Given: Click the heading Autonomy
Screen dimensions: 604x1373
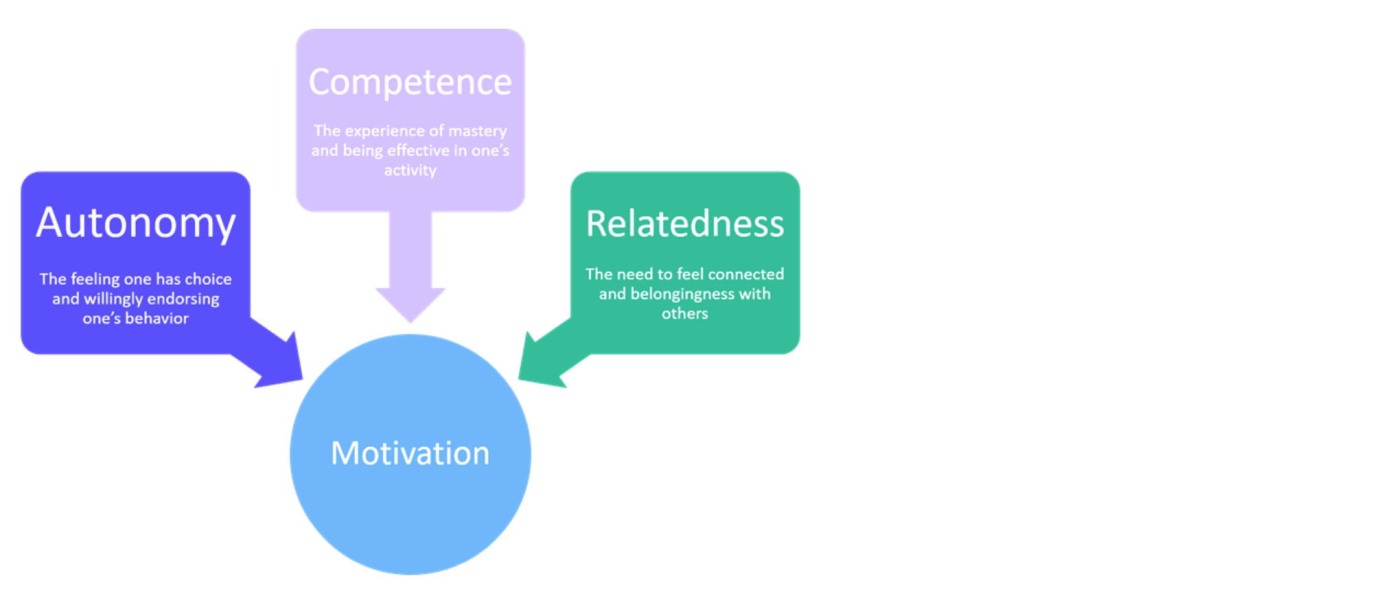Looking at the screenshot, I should [135, 223].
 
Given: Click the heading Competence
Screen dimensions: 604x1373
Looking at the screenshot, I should [410, 82].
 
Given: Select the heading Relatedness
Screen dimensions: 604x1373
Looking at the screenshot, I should [684, 224].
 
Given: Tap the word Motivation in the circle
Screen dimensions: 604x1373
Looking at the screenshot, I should [410, 453].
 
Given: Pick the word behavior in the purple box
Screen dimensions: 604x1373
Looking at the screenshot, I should [157, 318].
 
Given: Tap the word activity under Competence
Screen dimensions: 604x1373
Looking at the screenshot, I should [410, 170].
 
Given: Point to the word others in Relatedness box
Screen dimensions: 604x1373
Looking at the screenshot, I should [684, 314].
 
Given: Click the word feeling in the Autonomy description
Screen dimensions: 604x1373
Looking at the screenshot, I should [95, 279].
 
